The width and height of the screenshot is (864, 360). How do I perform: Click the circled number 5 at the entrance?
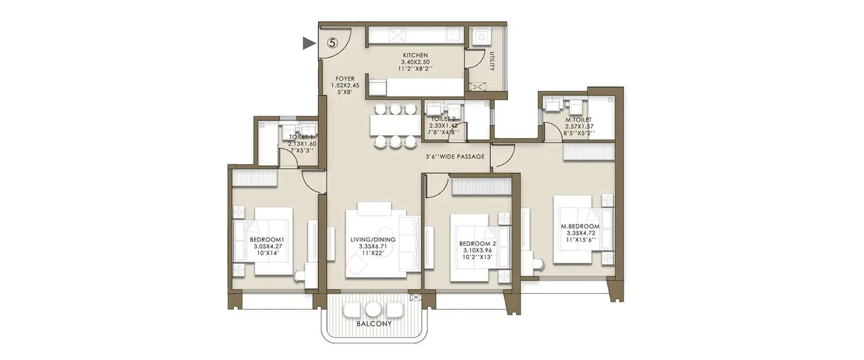(332, 43)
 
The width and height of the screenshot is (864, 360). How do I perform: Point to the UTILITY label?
(492, 61)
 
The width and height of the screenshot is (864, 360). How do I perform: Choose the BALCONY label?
(374, 324)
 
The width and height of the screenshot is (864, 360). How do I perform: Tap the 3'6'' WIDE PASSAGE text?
(454, 157)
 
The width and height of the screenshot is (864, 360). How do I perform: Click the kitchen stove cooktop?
(397, 35)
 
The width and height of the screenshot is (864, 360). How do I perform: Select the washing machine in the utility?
(480, 37)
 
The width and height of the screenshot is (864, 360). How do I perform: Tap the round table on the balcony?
(373, 310)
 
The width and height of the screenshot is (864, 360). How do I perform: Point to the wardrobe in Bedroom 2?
(482, 186)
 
